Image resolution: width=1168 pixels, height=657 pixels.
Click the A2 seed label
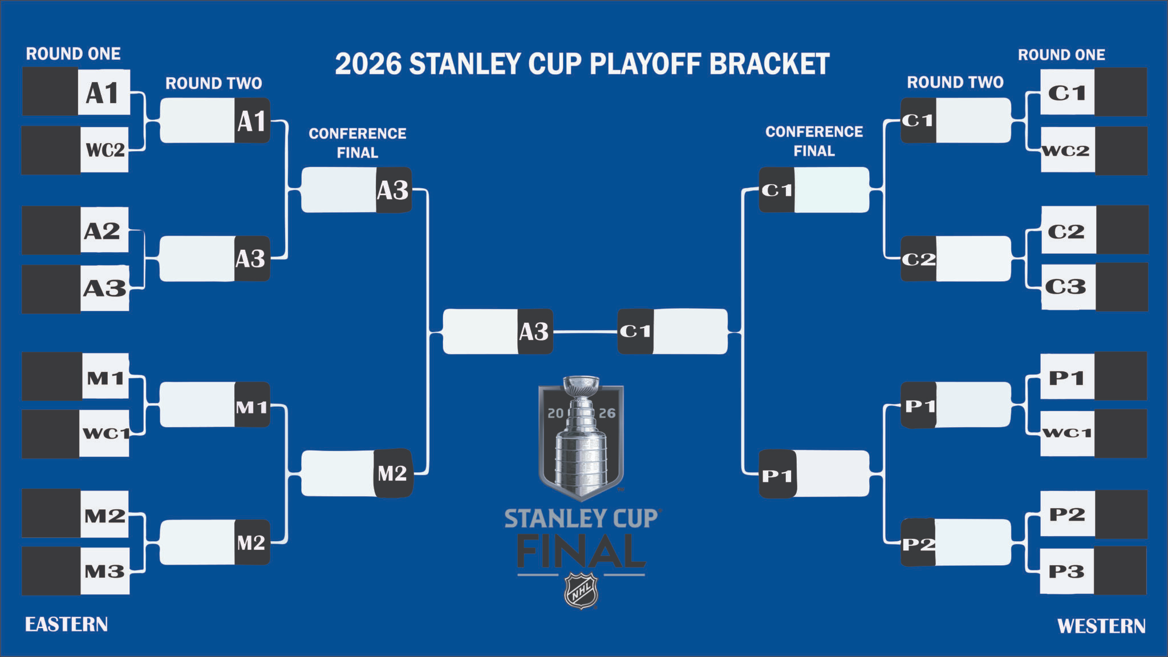tap(102, 231)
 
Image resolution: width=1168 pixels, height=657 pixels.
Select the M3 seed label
tap(104, 571)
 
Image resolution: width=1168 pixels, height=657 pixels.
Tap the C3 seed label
tap(1065, 286)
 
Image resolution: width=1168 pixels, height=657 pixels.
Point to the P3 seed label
tap(1066, 571)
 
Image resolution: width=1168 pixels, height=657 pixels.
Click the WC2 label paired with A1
tap(105, 150)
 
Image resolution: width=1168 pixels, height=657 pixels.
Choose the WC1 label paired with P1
tap(1066, 433)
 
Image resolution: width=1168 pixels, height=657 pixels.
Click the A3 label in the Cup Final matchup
tap(534, 331)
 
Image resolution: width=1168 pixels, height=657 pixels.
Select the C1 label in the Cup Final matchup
tap(635, 331)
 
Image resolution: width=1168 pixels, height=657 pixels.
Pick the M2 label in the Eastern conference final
tap(392, 473)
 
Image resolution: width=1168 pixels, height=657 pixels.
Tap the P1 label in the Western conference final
tap(777, 476)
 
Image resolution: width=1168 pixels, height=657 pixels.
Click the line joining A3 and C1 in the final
tap(585, 331)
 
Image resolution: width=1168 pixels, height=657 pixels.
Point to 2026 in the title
tap(368, 64)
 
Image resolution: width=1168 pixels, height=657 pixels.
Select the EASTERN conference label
tap(66, 624)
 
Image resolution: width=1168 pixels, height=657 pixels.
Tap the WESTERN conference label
tap(1101, 626)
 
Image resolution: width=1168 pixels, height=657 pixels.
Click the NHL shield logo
tap(581, 591)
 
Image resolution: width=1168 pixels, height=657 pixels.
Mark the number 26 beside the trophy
tap(607, 413)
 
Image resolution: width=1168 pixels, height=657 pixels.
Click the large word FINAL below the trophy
tap(581, 551)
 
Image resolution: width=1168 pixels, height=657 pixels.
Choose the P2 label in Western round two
tap(918, 544)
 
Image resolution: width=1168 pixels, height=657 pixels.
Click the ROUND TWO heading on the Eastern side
tap(214, 83)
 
